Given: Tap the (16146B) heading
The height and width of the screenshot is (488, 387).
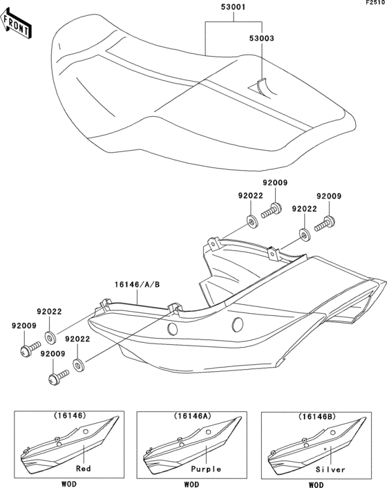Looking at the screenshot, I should pos(315,417).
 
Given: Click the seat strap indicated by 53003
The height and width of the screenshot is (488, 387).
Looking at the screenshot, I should pos(261,86).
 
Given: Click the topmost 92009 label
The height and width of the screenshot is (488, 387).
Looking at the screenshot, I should pos(274,183).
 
